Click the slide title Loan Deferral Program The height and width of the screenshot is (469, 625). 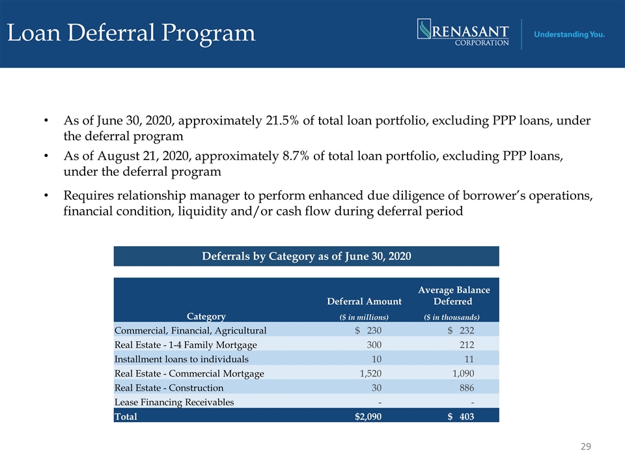[x=131, y=33]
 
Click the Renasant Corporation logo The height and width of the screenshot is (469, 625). [x=463, y=33]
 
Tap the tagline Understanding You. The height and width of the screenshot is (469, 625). [x=569, y=35]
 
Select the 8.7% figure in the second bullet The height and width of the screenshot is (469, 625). [x=296, y=156]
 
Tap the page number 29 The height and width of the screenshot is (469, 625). [x=585, y=446]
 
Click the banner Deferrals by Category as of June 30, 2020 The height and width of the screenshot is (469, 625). [x=306, y=256]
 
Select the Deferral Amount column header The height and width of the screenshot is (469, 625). [x=365, y=301]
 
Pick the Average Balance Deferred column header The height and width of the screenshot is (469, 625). [x=454, y=296]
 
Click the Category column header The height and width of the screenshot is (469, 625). [x=206, y=317]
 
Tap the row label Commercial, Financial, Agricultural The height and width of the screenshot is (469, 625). [x=191, y=331]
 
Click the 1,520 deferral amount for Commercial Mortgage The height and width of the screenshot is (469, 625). [x=370, y=374]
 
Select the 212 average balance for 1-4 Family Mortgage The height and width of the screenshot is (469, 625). [x=467, y=345]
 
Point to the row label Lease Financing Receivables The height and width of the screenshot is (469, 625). [x=174, y=402]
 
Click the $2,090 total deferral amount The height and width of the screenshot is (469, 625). [x=368, y=417]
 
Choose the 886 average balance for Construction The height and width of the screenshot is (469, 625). [x=467, y=388]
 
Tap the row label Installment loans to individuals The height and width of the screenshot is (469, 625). [x=182, y=360]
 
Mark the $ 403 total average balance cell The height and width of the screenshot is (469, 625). [x=461, y=417]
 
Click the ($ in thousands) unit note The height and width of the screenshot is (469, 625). [x=452, y=317]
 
